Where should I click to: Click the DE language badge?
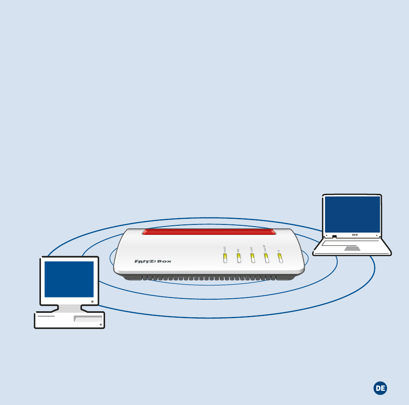pyautogui.click(x=380, y=388)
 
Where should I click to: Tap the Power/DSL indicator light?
pyautogui.click(x=225, y=258)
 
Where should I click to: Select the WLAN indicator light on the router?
pyautogui.click(x=239, y=258)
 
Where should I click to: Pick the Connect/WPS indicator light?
pyautogui.click(x=266, y=258)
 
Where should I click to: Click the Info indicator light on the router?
pyautogui.click(x=279, y=258)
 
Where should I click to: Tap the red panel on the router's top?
pyautogui.click(x=209, y=232)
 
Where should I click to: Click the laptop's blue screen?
pyautogui.click(x=352, y=214)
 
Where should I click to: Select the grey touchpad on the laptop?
pyautogui.click(x=352, y=249)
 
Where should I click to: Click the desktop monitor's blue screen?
pyautogui.click(x=69, y=279)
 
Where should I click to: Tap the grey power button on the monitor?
pyautogui.click(x=93, y=302)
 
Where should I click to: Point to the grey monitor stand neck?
pyautogui.click(x=69, y=308)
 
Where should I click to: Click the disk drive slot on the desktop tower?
pyautogui.click(x=88, y=319)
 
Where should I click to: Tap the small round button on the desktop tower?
pyautogui.click(x=100, y=325)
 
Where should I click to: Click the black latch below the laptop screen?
pyautogui.click(x=334, y=236)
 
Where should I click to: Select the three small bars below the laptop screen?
pyautogui.click(x=355, y=235)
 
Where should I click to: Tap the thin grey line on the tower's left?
pyautogui.click(x=46, y=316)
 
